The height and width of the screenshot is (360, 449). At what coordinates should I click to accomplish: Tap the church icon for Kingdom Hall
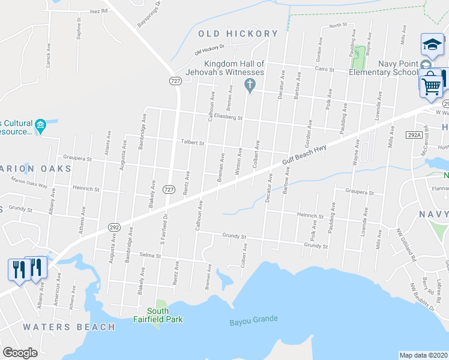click(251, 86)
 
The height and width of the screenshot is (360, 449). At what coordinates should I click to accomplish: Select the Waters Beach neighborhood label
click(69, 327)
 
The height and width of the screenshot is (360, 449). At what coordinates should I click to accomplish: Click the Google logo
click(20, 353)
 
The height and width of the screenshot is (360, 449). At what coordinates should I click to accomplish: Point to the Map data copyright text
click(423, 355)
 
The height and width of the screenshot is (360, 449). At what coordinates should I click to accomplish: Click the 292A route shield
click(414, 136)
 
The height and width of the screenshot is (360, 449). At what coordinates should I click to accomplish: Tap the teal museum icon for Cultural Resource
click(40, 126)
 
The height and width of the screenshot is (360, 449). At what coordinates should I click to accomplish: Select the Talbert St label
click(193, 143)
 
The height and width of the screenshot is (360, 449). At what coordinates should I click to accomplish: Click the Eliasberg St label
click(228, 118)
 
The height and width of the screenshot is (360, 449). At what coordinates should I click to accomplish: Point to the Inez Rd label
click(98, 11)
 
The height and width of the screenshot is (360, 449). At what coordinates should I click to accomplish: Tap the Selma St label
click(150, 256)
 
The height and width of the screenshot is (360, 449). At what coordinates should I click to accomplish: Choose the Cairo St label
click(325, 70)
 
